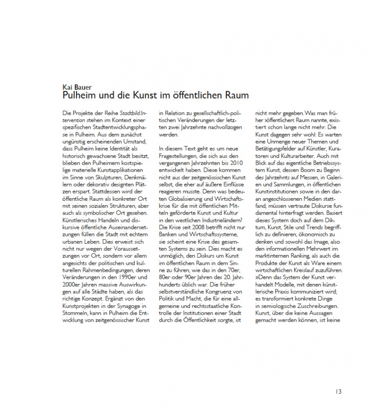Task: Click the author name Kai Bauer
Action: pos(77,87)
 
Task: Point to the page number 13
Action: pos(339,391)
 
